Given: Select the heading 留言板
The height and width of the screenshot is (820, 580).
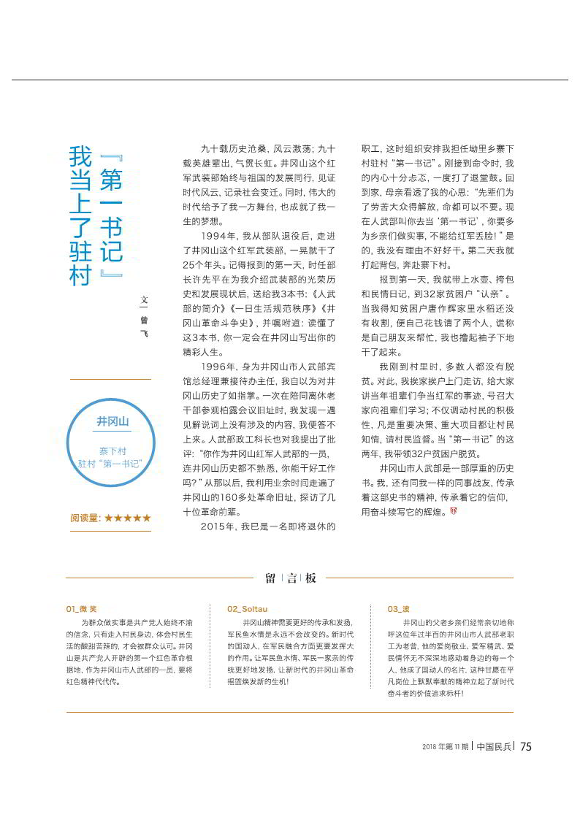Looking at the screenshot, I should click(x=291, y=578).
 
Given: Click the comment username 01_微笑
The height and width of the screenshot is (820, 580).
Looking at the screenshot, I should click(x=81, y=608).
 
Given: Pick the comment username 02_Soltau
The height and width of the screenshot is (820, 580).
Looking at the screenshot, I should click(x=247, y=608).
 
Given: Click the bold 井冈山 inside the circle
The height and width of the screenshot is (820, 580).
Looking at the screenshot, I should click(x=112, y=422).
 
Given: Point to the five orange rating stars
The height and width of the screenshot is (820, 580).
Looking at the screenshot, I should click(x=128, y=518).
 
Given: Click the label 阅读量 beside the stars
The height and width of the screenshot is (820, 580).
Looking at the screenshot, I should click(x=85, y=518).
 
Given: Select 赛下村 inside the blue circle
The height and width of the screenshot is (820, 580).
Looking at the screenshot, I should click(x=112, y=451).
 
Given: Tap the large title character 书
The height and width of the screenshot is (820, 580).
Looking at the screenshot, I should click(x=110, y=223).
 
